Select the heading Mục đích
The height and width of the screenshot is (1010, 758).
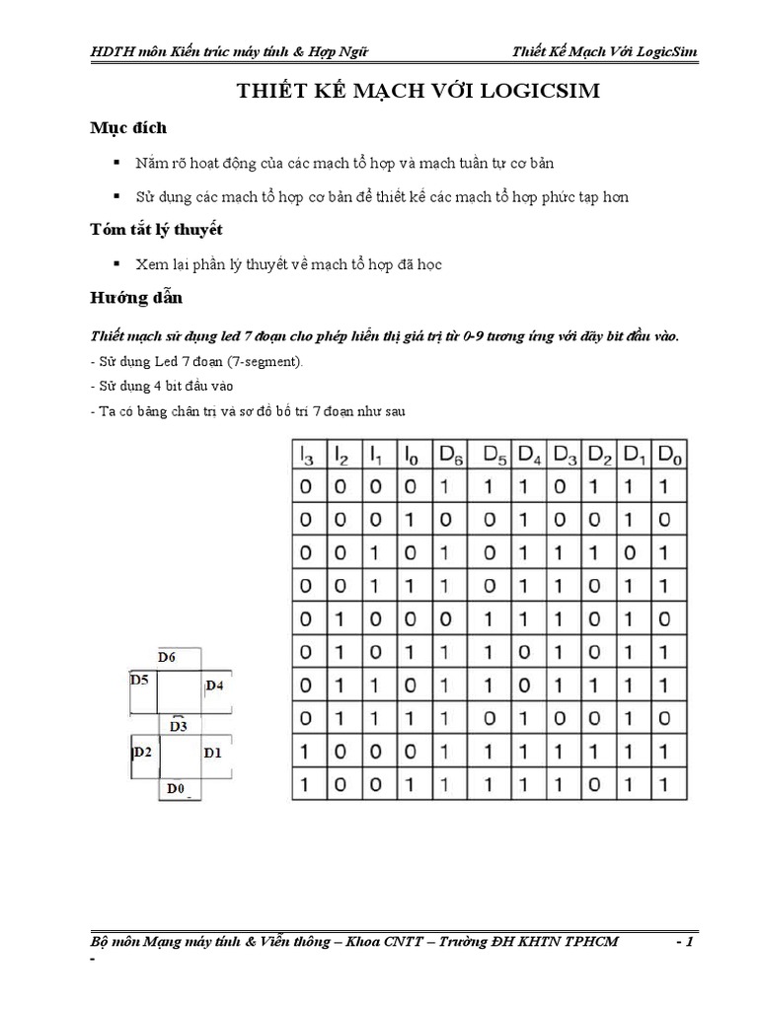tap(128, 128)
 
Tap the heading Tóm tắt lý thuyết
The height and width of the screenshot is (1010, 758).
tap(156, 230)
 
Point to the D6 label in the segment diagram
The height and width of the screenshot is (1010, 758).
tap(167, 657)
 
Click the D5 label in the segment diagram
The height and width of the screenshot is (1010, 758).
tap(140, 680)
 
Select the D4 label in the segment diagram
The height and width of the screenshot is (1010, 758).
tap(215, 685)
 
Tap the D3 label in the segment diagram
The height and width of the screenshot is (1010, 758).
tap(179, 727)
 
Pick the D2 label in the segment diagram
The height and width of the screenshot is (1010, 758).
tap(141, 753)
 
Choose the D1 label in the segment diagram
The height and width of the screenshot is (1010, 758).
tap(213, 753)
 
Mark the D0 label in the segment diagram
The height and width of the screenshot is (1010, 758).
tap(176, 788)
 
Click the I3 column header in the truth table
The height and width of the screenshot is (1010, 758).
tap(306, 455)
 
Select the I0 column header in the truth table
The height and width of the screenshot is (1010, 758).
tap(410, 455)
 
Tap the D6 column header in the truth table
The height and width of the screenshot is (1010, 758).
tap(451, 455)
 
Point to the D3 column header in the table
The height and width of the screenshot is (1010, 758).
tap(566, 455)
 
